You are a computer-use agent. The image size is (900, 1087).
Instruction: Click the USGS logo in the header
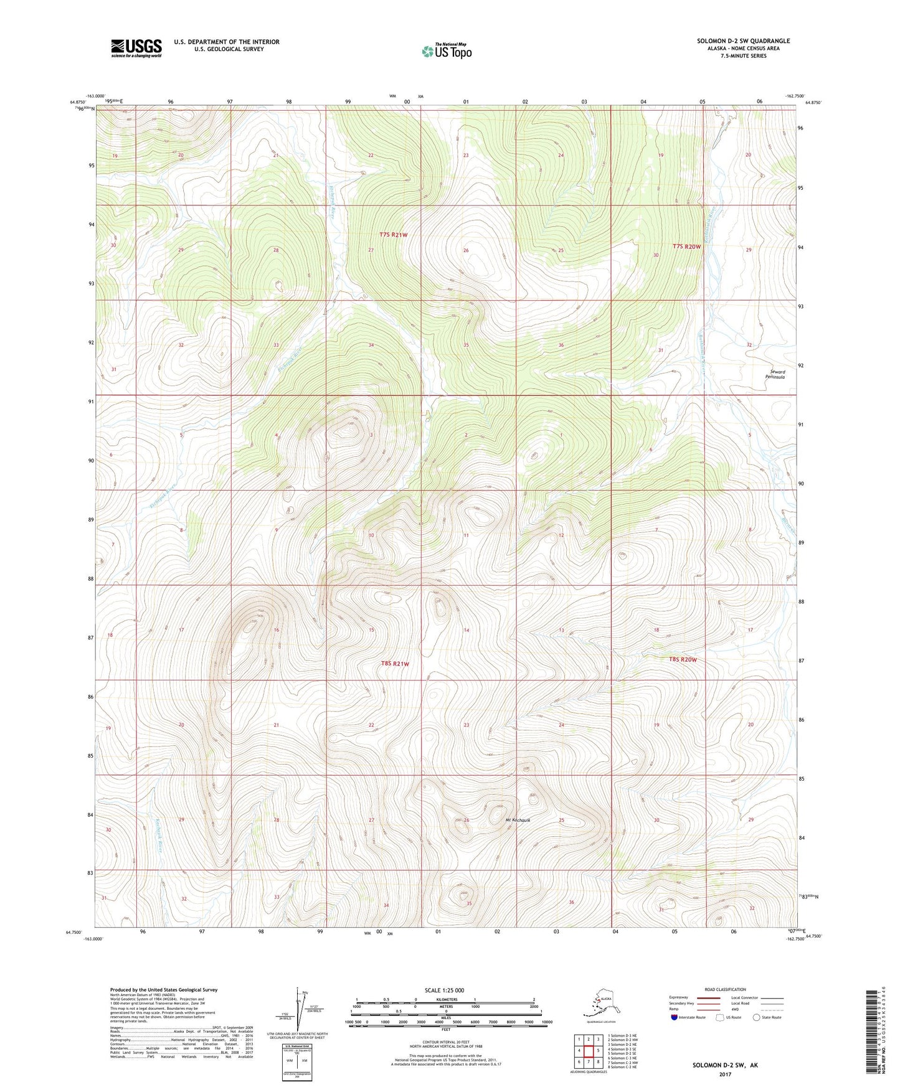coord(136,48)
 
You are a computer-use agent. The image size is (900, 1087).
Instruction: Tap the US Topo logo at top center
coord(446,50)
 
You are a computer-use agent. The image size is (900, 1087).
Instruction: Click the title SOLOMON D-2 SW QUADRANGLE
coord(743,41)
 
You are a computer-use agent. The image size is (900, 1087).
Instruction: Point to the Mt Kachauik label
coord(520,820)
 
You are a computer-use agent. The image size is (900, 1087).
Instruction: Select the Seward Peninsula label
coord(775,374)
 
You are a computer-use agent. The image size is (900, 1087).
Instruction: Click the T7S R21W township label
coord(394,235)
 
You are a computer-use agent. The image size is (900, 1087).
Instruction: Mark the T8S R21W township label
coord(395,664)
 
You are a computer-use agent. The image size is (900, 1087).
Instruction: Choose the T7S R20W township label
coord(686,247)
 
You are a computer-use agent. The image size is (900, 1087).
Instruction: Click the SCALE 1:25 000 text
coord(445,990)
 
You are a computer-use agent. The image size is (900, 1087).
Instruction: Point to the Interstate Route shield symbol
coord(675,1017)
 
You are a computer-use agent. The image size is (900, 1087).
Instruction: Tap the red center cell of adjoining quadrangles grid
coord(588,1051)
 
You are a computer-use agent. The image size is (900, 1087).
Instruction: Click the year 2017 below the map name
coord(724,1074)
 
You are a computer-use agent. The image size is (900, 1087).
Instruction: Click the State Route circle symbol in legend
coord(756,1017)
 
